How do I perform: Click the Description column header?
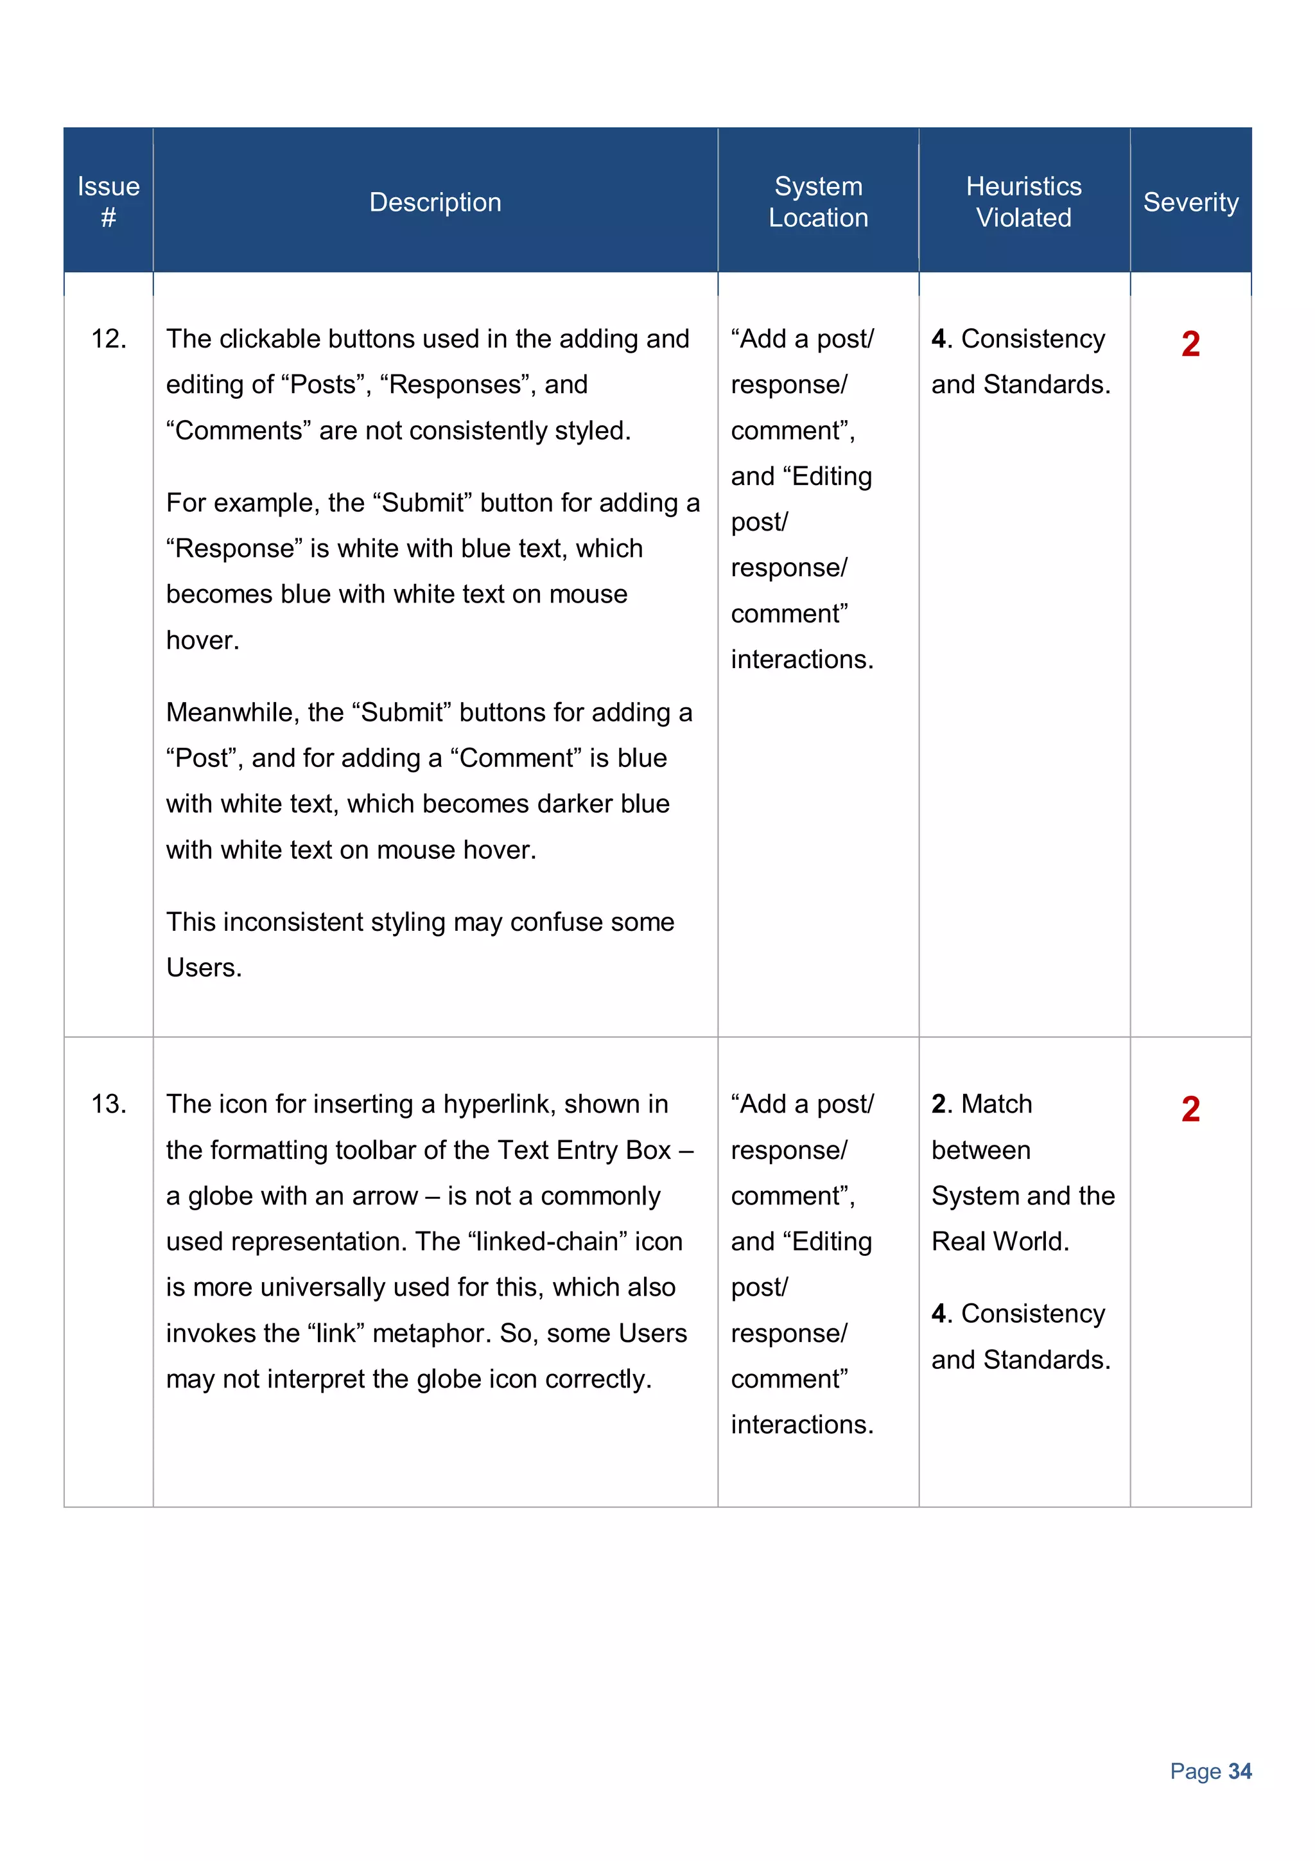tap(435, 202)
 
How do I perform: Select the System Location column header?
tap(817, 202)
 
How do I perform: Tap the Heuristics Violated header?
tap(1023, 202)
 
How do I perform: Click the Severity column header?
tap(1190, 202)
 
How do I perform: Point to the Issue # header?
tap(109, 202)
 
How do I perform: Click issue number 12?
tap(109, 339)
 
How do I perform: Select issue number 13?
tap(109, 1104)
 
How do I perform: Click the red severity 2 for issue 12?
tap(1190, 344)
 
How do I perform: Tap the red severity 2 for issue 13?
tap(1190, 1109)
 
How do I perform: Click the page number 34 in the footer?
tap(1240, 1771)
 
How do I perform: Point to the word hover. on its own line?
tap(202, 640)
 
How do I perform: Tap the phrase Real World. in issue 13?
tap(1000, 1242)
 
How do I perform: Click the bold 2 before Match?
tap(939, 1104)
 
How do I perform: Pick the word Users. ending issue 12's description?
tap(204, 968)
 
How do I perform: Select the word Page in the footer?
tap(1195, 1771)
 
